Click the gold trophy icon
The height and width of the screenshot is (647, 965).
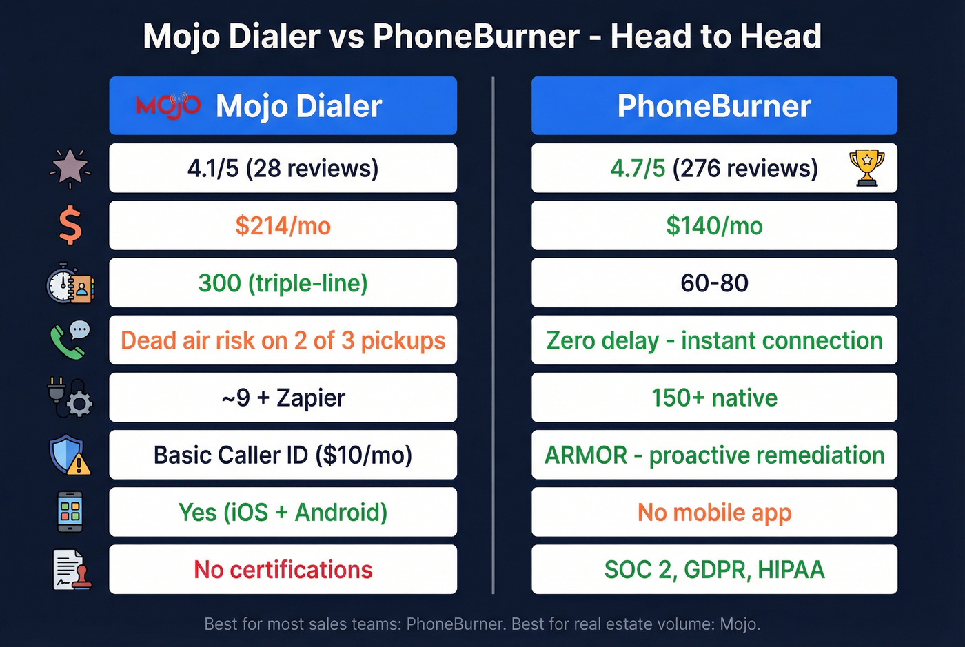click(x=866, y=167)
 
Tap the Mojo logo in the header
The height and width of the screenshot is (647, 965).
click(x=168, y=105)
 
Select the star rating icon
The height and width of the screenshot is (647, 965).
click(x=70, y=168)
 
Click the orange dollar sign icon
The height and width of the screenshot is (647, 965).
click(x=70, y=226)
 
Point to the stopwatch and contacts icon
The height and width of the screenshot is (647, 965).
click(x=70, y=283)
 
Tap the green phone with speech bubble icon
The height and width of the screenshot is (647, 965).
click(x=70, y=340)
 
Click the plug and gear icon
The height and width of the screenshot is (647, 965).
click(x=70, y=398)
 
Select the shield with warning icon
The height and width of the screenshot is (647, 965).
click(x=70, y=455)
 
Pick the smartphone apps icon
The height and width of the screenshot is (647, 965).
click(x=70, y=512)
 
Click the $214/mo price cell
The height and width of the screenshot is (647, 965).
click(x=283, y=225)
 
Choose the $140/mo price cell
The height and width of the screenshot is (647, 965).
click(x=714, y=225)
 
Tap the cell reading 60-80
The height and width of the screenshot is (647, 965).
click(x=714, y=283)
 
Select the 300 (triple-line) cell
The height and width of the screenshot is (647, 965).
click(x=283, y=283)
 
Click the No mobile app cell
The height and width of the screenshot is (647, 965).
click(x=714, y=512)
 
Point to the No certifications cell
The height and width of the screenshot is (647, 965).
click(x=283, y=569)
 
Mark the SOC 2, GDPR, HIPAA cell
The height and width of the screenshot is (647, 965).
click(x=714, y=569)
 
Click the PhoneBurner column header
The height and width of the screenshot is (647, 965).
click(x=714, y=105)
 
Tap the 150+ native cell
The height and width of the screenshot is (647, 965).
click(x=714, y=398)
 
